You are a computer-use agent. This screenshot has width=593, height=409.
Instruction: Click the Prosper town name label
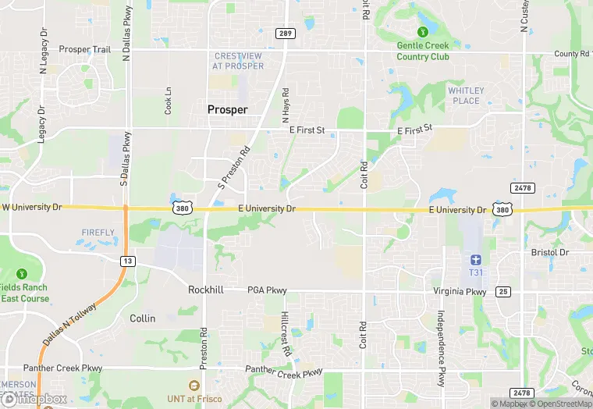(x=228, y=110)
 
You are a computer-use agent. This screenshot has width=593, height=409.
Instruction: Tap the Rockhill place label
(x=206, y=290)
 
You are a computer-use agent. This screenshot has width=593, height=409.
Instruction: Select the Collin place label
(x=143, y=318)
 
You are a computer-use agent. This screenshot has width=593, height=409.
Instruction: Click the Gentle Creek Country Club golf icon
(x=422, y=32)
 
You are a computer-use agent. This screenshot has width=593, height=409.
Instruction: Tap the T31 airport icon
(x=476, y=259)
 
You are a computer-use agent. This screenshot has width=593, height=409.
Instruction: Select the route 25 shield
(x=503, y=291)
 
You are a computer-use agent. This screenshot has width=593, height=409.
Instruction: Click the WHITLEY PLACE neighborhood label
(x=466, y=95)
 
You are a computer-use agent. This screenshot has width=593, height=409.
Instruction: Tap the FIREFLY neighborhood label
(x=98, y=233)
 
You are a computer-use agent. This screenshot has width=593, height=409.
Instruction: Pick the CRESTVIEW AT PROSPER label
(x=238, y=61)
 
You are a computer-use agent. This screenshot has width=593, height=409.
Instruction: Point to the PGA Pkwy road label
(x=267, y=290)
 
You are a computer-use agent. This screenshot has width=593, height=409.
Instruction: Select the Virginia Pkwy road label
(x=460, y=292)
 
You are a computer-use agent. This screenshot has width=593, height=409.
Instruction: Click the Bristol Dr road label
(x=550, y=253)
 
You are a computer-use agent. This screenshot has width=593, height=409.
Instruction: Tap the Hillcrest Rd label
(x=286, y=336)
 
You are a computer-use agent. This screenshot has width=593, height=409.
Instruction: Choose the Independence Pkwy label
(x=441, y=350)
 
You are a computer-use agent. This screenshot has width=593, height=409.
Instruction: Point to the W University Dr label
(x=32, y=208)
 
